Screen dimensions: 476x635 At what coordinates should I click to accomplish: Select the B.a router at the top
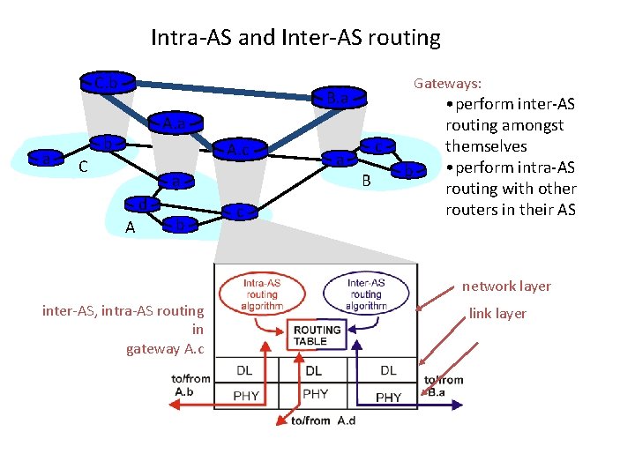click(x=337, y=97)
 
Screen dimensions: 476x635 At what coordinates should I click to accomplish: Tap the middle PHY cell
click(x=315, y=394)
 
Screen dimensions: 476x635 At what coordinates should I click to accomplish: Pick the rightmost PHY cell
click(x=388, y=398)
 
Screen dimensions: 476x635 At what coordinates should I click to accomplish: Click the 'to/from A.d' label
click(x=324, y=420)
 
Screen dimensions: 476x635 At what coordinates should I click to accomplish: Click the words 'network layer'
click(x=507, y=286)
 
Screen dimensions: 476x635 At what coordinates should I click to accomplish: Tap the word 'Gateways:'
click(x=448, y=83)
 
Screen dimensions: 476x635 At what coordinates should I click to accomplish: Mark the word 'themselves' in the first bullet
click(x=486, y=146)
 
